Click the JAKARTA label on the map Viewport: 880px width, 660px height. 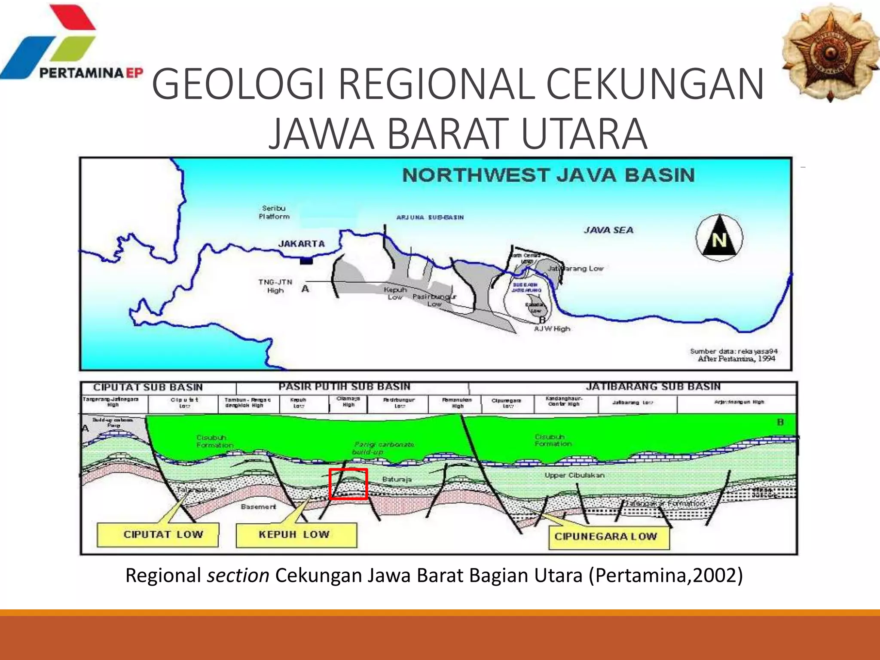301,244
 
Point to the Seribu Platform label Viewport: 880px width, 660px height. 274,212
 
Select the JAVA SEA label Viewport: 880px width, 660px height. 608,230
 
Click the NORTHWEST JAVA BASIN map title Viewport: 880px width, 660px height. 548,175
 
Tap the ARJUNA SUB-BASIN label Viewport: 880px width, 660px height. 430,217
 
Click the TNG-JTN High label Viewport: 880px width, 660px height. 275,286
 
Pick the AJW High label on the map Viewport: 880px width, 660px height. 552,329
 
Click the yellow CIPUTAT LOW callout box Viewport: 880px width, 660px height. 158,535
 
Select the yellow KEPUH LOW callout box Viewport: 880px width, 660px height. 296,535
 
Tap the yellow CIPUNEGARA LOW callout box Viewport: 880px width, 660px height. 609,536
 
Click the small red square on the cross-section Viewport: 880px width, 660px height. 348,484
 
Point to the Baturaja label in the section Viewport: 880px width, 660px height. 397,479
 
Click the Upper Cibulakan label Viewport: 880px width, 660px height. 574,475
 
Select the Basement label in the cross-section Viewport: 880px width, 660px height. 258,507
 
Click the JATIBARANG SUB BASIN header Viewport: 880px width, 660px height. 653,387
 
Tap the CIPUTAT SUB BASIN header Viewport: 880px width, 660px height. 148,387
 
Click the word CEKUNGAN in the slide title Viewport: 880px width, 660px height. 655,83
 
